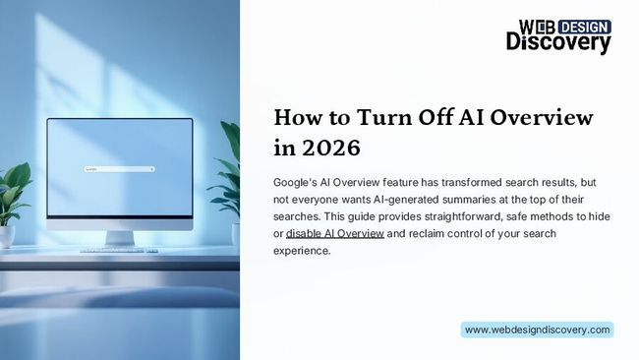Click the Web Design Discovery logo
tap(558, 35)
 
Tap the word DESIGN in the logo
tap(579, 26)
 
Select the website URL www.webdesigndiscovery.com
tap(537, 330)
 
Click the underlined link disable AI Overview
tap(334, 234)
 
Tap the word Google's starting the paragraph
tap(296, 184)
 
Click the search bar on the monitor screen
tap(119, 169)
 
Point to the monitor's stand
tap(119, 237)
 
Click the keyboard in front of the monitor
tap(119, 250)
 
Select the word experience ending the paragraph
tap(303, 251)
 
